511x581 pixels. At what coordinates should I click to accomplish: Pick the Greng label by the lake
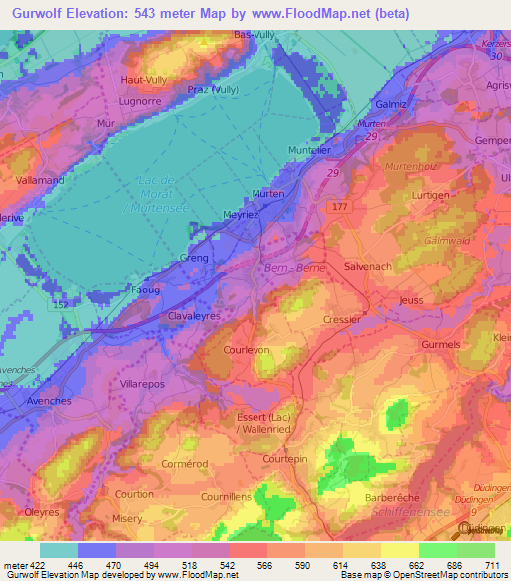tap(194, 258)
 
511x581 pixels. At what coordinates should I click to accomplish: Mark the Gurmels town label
tap(441, 344)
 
